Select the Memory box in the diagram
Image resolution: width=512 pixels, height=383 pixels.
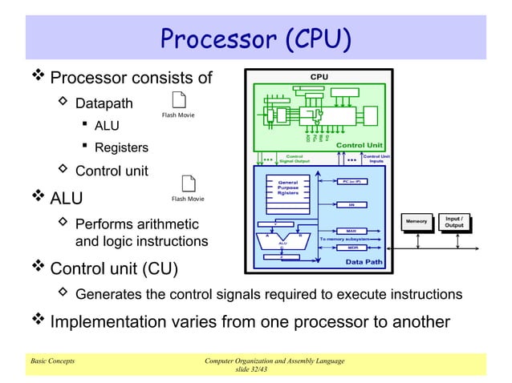click(x=417, y=221)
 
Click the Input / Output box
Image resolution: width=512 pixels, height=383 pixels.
click(x=454, y=220)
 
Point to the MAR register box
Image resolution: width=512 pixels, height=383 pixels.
click(x=351, y=231)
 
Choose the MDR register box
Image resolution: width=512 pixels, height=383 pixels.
click(x=351, y=248)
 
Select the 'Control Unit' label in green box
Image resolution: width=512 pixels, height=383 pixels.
click(x=362, y=145)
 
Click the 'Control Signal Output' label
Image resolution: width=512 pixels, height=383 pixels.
click(x=295, y=158)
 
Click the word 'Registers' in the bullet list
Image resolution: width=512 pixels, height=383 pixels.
click(x=121, y=147)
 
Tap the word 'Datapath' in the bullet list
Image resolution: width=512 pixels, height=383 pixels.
click(x=104, y=103)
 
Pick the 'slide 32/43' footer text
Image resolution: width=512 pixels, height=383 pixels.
click(x=255, y=369)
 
